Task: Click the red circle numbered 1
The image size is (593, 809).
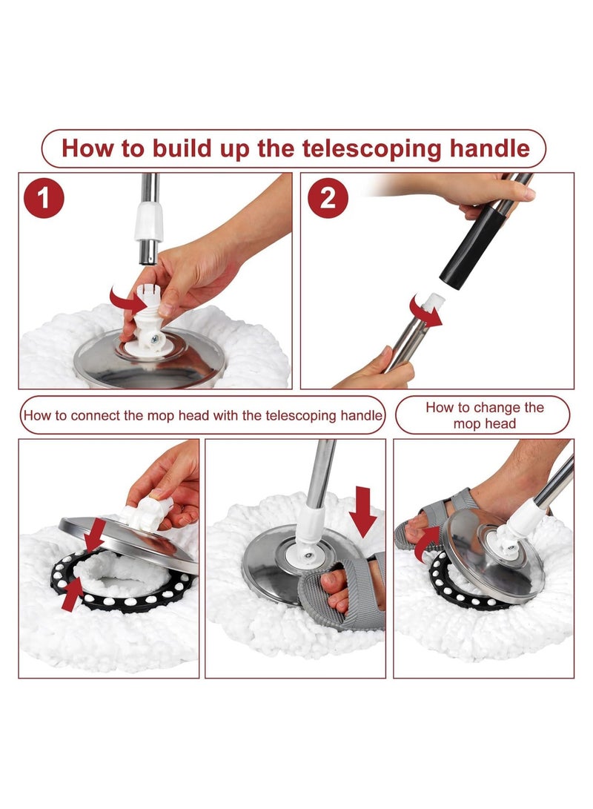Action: (x=44, y=198)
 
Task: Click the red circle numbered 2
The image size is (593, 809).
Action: (x=328, y=198)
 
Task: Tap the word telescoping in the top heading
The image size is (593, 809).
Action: (x=372, y=148)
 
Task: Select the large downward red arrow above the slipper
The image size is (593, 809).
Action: (x=363, y=512)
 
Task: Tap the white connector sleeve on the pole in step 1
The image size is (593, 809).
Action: (x=149, y=221)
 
